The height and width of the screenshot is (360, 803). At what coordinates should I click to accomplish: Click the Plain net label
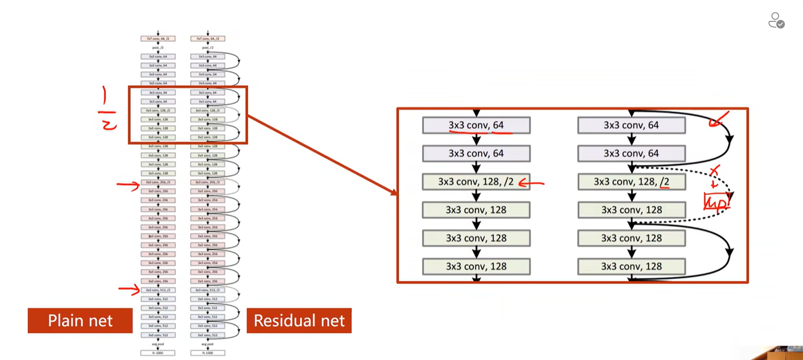tap(80, 320)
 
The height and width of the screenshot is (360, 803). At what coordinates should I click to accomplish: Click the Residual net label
tap(299, 320)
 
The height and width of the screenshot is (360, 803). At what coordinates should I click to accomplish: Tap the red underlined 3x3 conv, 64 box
tap(476, 125)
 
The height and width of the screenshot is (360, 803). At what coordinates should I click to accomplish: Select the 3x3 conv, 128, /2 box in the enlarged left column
tap(476, 182)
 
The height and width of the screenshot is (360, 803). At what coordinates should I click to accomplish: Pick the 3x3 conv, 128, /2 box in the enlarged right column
tap(631, 182)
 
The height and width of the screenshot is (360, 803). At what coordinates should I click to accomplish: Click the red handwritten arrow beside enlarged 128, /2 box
tap(531, 183)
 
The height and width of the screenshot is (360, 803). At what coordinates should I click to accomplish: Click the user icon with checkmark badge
tap(776, 20)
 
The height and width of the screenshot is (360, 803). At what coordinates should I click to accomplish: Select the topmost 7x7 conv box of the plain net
tap(158, 38)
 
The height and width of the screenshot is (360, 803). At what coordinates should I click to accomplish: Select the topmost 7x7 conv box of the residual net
tap(208, 38)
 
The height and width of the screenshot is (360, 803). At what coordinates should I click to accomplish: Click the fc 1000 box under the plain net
tap(158, 353)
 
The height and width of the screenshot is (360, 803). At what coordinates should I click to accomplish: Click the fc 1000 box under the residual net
tap(208, 353)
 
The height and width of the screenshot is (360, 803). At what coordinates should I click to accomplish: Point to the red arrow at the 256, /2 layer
tap(128, 185)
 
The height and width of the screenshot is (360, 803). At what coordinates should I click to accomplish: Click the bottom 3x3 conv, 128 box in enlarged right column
tap(631, 267)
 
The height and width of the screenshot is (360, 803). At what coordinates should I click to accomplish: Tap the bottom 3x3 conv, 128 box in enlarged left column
tap(476, 267)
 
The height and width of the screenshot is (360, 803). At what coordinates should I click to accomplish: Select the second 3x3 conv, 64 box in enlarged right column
tap(631, 154)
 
